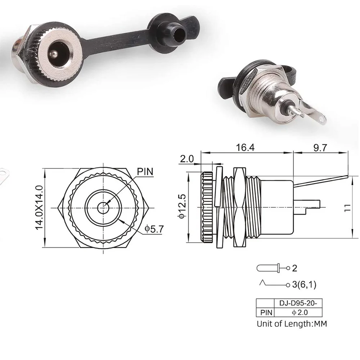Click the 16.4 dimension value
point(246,148)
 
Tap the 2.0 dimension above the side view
point(187,159)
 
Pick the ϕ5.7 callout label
point(154,228)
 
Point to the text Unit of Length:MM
point(292,323)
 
